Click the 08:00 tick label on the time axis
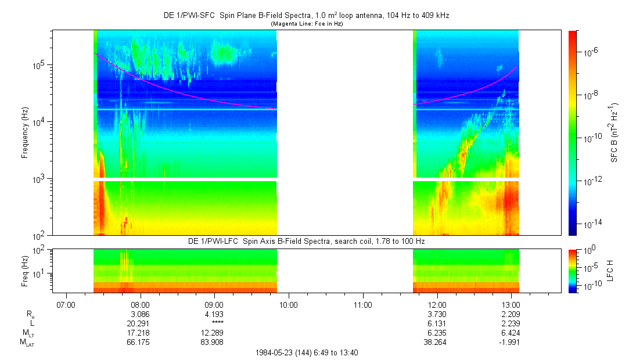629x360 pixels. [140, 304]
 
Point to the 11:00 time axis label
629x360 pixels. [362, 304]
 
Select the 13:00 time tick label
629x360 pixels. [511, 304]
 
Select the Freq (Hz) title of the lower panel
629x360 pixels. [25, 270]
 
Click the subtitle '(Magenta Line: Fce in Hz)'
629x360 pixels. [307, 24]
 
